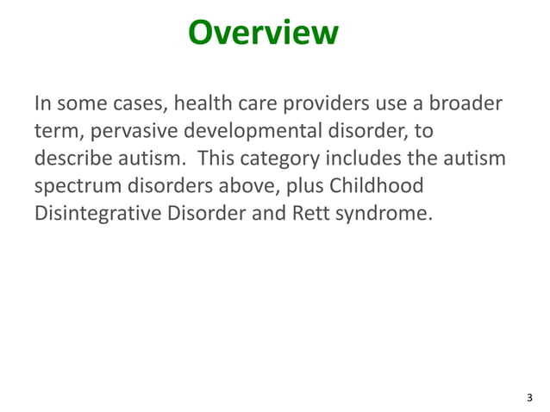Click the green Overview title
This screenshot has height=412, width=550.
pyautogui.click(x=263, y=34)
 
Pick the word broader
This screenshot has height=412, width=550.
pyautogui.click(x=463, y=105)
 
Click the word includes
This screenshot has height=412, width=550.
pyautogui.click(x=380, y=160)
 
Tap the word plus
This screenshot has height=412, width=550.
pyautogui.click(x=296, y=188)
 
